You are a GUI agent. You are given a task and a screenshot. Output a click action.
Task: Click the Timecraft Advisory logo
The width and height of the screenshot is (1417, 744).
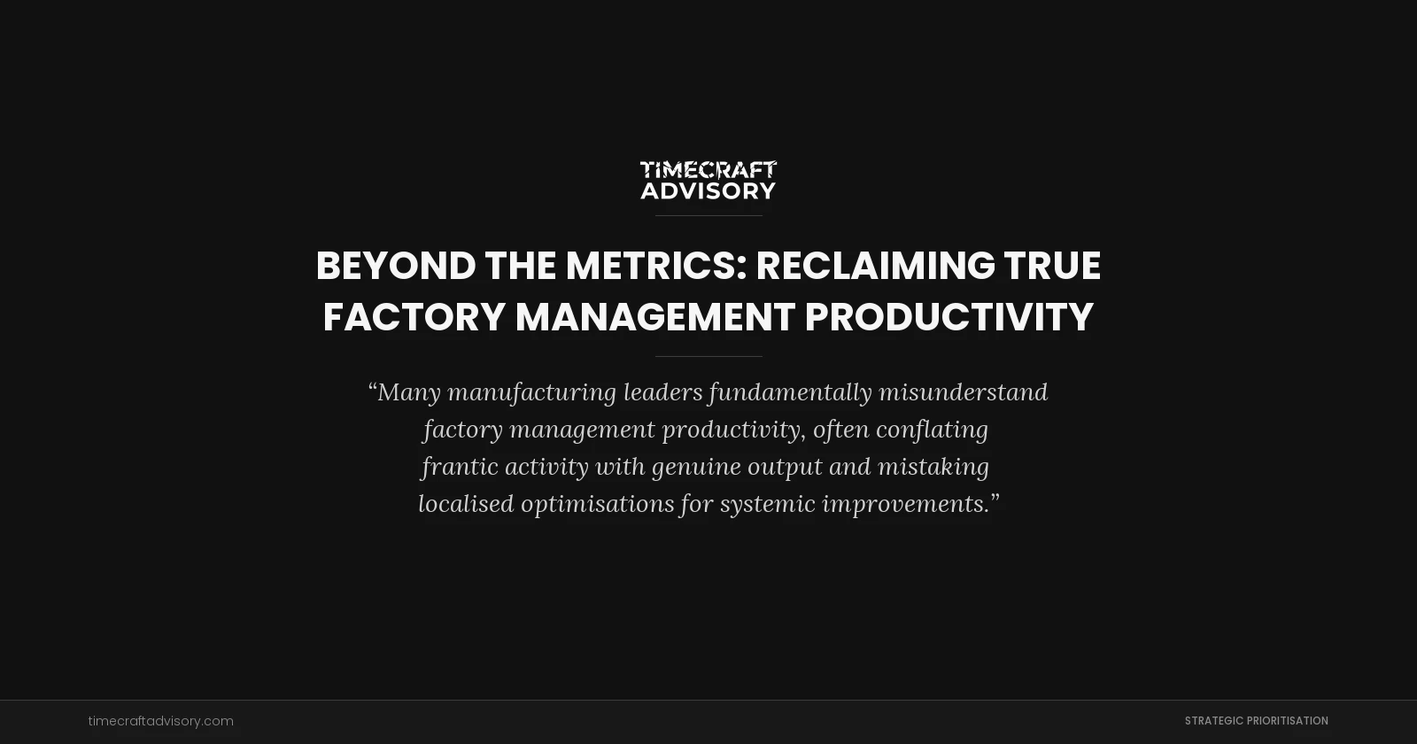point(708,180)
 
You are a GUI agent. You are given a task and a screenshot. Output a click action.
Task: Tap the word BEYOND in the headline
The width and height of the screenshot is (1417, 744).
point(396,266)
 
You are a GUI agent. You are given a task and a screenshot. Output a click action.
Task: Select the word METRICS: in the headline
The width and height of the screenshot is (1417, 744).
point(656,266)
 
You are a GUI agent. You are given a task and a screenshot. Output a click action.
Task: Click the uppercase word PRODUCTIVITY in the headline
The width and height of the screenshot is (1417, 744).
point(949,317)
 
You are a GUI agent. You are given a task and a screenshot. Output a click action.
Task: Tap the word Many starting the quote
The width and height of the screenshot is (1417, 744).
point(408,392)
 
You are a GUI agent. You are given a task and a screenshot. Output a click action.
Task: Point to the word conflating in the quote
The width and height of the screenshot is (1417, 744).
point(932,430)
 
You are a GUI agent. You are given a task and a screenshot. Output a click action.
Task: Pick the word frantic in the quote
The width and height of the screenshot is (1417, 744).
point(459,467)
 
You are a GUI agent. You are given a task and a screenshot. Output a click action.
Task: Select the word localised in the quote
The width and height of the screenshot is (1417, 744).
point(466,504)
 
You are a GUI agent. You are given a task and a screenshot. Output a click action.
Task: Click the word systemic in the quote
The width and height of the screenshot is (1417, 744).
point(767,504)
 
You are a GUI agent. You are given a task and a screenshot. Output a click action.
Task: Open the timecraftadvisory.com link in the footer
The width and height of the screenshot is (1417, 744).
point(161,721)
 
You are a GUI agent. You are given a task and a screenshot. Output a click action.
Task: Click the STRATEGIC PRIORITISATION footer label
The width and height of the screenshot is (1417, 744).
point(1256,721)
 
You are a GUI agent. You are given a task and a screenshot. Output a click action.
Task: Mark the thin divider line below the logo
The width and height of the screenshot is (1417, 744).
point(708,215)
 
